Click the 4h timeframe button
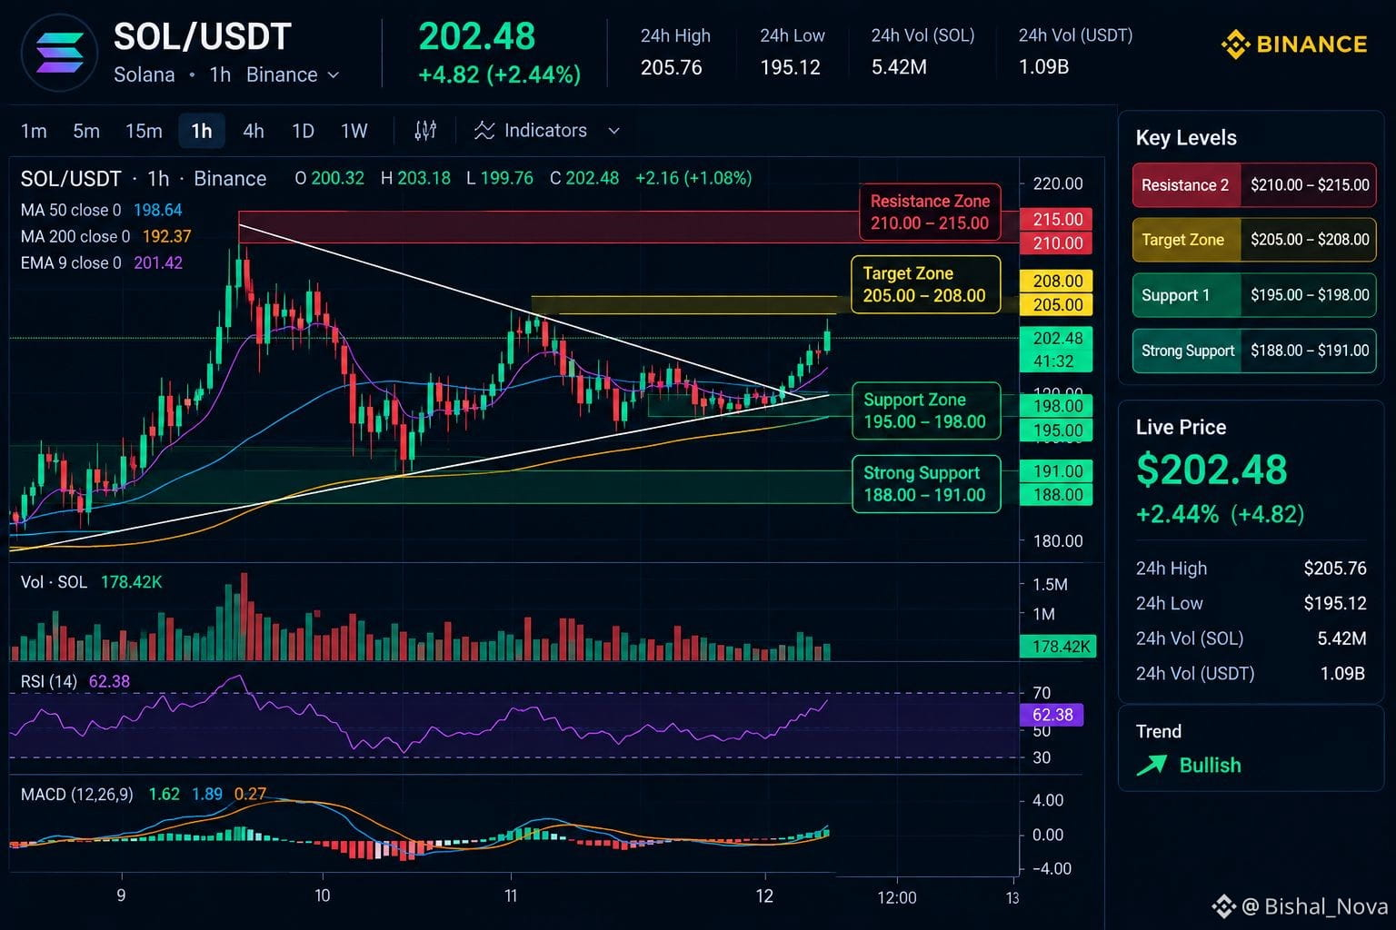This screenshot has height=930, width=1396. coord(253,131)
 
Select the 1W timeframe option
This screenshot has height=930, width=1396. coord(354,131)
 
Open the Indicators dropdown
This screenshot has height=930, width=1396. coord(546,131)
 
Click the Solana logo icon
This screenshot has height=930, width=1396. coord(59,53)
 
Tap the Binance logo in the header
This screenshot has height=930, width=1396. coord(1294,45)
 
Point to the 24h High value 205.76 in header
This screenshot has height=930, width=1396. coord(672,67)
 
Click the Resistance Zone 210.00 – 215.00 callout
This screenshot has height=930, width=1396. coord(930,212)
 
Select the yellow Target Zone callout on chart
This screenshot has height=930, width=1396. coord(925,284)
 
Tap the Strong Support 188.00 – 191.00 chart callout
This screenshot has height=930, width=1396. coord(926,484)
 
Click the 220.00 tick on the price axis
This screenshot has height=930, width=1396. coord(1058,183)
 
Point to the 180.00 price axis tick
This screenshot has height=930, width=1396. coord(1058,540)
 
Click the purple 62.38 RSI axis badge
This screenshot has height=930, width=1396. coord(1052,715)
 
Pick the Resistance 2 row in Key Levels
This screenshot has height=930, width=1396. coord(1254,185)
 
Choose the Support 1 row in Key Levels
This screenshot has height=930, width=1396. coord(1254,295)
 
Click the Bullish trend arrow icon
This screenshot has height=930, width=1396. coord(1152,765)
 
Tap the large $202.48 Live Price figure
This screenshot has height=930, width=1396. coord(1212,470)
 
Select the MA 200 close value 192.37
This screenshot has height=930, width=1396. coord(167,237)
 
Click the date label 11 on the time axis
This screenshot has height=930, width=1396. coord(511,895)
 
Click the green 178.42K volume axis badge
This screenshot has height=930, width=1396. coord(1058,647)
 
